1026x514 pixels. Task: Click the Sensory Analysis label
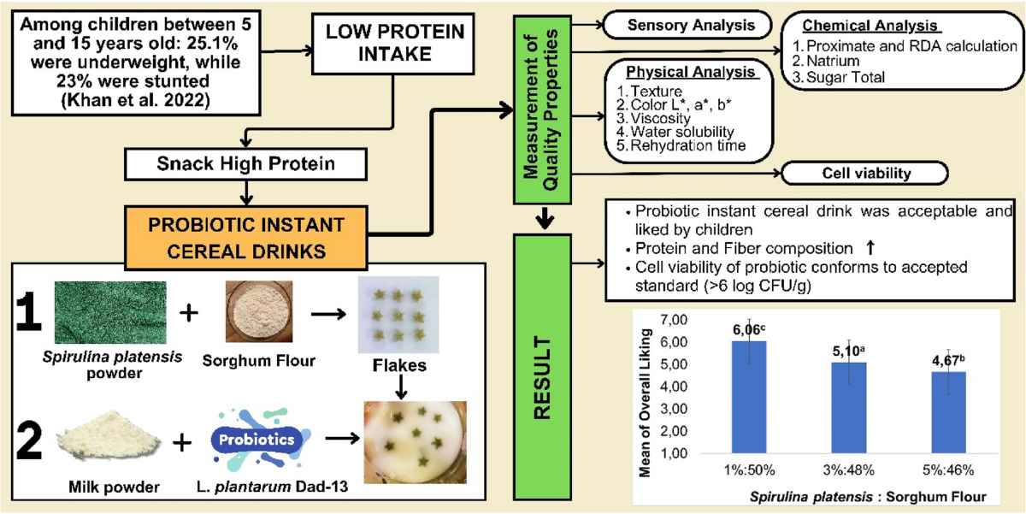pyautogui.click(x=691, y=26)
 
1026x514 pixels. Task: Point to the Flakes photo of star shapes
pyautogui.click(x=398, y=316)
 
